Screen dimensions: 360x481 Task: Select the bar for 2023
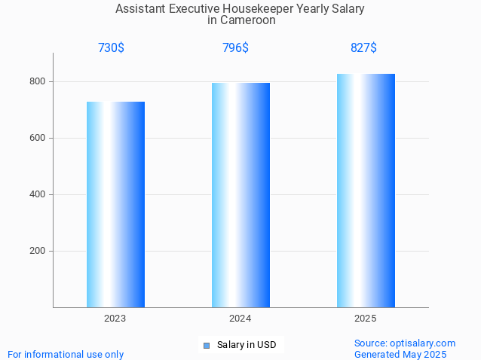point(115,204)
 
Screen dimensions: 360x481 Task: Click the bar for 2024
point(240,195)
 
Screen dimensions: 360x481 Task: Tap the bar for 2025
point(366,191)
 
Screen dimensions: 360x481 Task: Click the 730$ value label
point(111,48)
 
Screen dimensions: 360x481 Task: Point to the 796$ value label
point(235,48)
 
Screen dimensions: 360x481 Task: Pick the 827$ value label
point(363,48)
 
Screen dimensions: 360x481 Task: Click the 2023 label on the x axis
point(115,319)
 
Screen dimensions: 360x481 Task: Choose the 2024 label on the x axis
point(240,319)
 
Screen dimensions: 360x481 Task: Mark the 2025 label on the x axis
point(366,319)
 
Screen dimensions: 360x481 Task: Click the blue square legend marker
point(207,346)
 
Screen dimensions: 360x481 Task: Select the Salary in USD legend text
point(247,345)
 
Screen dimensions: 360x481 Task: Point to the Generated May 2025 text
point(400,354)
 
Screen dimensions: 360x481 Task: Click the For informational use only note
point(66,354)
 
